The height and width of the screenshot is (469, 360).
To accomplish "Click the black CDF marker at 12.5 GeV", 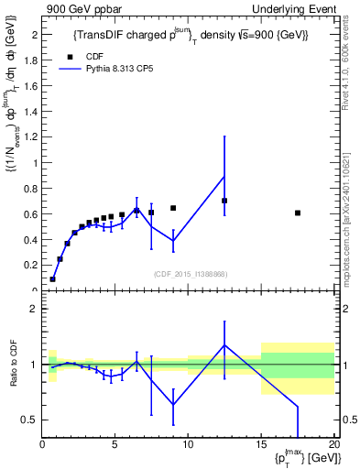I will [x=224, y=201].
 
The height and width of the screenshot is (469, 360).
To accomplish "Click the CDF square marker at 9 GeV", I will [x=173, y=208].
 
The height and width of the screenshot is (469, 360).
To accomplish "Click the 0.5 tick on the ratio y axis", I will [x=29, y=420].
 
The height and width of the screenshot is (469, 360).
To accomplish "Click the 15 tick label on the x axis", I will [x=261, y=446].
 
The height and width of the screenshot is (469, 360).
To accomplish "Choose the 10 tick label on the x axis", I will [x=188, y=446].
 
